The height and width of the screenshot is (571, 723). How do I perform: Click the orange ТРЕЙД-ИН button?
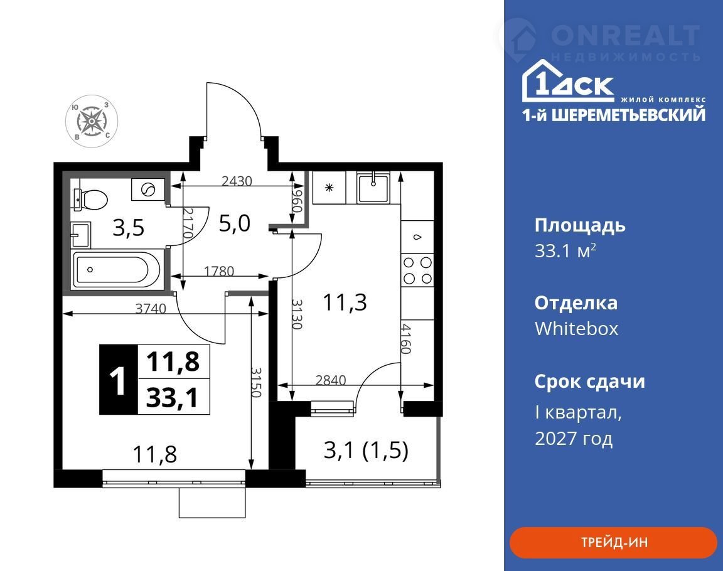coord(613,542)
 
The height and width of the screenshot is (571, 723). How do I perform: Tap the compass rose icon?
coord(92,121)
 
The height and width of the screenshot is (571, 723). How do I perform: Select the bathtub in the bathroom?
coord(117,269)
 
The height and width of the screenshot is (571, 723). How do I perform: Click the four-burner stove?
coord(417,270)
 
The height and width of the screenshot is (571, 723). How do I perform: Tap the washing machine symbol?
coord(148,189)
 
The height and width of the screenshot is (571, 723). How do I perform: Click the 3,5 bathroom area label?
coord(129,228)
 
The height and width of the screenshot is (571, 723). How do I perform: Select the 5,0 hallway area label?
coord(234,223)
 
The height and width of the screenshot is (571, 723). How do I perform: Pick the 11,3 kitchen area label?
coord(345,303)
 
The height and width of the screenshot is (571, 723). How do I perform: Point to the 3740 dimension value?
coord(151,308)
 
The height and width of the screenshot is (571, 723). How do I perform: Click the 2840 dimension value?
coord(331,380)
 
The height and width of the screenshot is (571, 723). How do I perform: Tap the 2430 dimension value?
coord(237,181)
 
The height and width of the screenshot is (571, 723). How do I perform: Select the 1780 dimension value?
coord(219,271)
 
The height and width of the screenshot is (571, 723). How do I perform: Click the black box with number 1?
coord(119,380)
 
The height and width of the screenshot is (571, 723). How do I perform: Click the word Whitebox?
coord(576,329)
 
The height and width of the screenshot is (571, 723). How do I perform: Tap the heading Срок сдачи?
coord(590,382)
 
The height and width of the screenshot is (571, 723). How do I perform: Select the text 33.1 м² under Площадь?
coord(565,251)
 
